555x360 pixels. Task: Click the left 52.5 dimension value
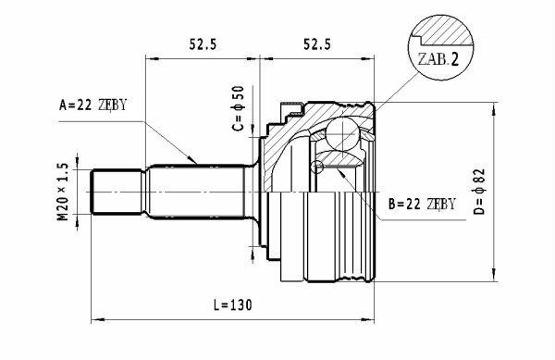(x=203, y=44)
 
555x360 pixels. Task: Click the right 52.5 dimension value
(x=317, y=44)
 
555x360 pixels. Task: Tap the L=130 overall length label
(x=233, y=304)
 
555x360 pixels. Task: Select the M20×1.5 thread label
(x=62, y=192)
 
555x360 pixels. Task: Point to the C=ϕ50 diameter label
(x=239, y=108)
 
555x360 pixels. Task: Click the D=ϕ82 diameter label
(x=479, y=192)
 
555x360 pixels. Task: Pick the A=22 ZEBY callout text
(x=92, y=105)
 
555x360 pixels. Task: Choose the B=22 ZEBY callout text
(x=422, y=205)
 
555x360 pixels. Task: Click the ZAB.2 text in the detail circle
(x=438, y=59)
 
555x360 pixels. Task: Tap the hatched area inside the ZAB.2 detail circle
(x=447, y=31)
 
